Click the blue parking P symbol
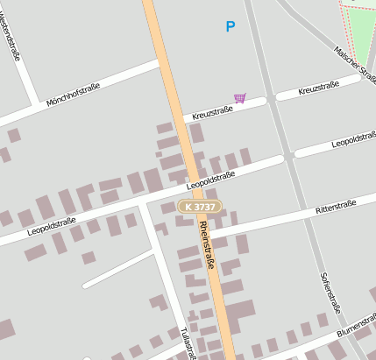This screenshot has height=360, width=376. (231, 27)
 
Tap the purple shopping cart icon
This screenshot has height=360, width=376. (239, 98)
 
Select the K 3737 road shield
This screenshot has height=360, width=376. (200, 207)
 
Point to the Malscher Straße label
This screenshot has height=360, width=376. (355, 67)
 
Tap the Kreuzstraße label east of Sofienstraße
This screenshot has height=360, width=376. (318, 90)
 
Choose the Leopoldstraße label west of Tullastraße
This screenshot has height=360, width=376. (52, 226)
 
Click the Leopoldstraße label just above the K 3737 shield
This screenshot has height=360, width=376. (211, 181)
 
